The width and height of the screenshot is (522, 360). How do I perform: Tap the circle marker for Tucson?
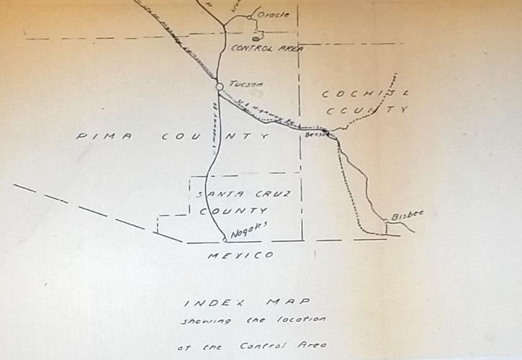tap(220, 87)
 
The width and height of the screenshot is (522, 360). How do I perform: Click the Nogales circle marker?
tap(225, 239)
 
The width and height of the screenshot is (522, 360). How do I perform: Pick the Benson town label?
tap(315, 134)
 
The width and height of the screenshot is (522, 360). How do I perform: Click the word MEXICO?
tap(240, 256)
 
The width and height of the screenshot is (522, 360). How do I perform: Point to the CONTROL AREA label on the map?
tap(266, 49)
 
